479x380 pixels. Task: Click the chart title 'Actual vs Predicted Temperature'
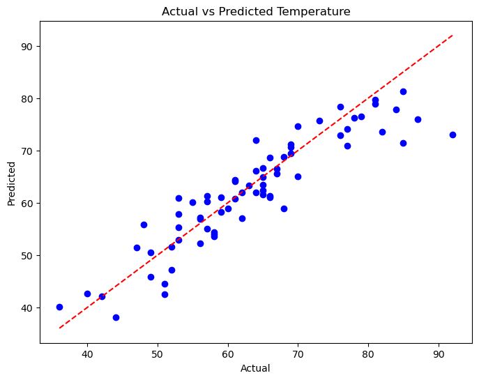256,11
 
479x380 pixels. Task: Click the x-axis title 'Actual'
256,368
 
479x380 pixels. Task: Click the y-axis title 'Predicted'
11,183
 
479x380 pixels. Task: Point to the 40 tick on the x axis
87,354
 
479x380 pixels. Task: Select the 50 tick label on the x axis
158,354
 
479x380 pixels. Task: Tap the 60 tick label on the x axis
228,354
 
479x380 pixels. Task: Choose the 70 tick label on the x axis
298,354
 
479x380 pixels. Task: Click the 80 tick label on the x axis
368,354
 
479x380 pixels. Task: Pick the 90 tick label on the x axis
439,354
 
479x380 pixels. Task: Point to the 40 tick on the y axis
26,307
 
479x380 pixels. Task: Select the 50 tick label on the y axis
26,255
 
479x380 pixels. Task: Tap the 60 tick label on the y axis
26,203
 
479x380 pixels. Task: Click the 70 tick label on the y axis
26,151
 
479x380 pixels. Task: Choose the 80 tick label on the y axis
26,98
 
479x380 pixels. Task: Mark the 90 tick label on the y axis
26,46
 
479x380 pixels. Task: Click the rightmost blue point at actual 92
453,135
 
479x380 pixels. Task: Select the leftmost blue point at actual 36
59,307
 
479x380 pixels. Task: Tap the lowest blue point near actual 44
116,317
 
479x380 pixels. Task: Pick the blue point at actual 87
418,119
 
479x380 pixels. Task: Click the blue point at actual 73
319,121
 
